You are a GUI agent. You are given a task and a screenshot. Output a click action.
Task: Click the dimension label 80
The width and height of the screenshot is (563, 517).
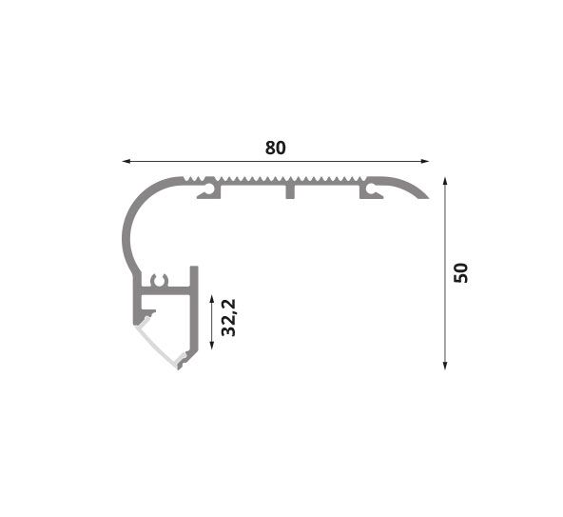point(276,148)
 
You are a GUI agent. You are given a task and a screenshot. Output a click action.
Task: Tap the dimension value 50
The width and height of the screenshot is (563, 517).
point(460,273)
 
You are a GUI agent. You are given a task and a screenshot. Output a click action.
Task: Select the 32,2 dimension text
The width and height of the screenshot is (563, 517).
point(228,317)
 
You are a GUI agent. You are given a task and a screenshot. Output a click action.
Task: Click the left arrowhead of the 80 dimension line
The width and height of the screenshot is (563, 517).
point(126,161)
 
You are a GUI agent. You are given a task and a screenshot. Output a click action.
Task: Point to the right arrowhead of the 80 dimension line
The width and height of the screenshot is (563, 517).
point(425,161)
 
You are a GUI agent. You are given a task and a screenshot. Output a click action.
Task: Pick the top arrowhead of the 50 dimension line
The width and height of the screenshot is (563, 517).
point(445,181)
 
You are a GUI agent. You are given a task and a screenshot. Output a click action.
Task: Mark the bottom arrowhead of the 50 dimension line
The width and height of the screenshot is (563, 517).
point(445,366)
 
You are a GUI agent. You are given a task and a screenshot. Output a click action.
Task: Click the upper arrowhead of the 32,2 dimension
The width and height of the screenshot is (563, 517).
point(211,299)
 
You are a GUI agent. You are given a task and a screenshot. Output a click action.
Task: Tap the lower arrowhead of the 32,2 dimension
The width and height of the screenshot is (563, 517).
point(211,346)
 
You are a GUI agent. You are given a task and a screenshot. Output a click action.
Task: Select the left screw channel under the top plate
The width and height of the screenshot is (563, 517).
point(209,191)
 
